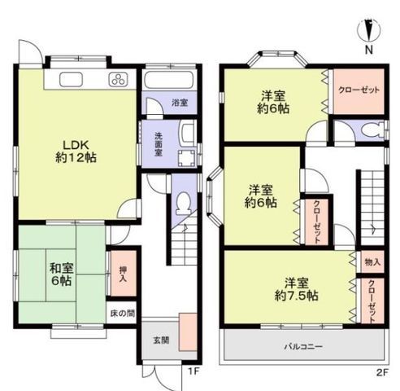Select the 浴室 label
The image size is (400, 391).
point(179,103)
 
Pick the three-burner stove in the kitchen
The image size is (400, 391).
point(117,80)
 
